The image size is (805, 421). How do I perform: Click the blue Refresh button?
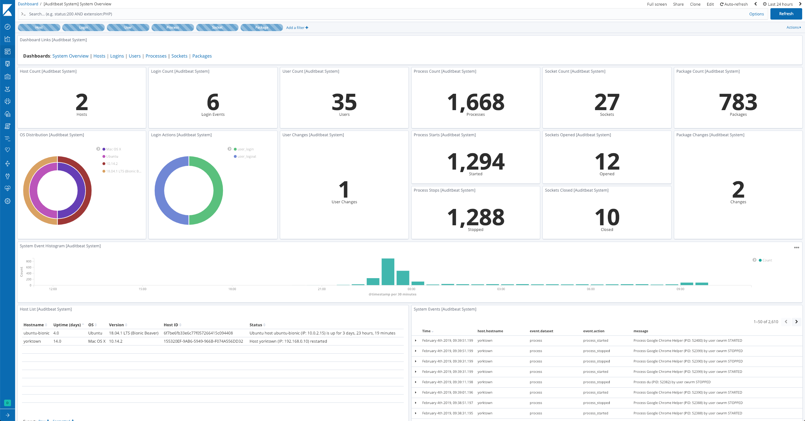click(786, 14)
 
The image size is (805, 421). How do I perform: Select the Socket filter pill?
click(217, 27)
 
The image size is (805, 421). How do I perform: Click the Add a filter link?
click(297, 28)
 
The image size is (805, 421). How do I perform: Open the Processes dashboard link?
click(156, 56)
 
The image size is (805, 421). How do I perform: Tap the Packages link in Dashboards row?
click(202, 56)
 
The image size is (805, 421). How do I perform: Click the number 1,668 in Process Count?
click(475, 102)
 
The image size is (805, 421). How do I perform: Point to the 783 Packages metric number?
click(738, 102)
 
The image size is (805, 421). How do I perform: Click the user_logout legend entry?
click(247, 156)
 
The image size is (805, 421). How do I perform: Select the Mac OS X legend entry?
click(114, 149)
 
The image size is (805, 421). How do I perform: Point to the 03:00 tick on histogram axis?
click(501, 289)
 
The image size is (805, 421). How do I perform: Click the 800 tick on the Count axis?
click(29, 261)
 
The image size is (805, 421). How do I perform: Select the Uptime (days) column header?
click(67, 325)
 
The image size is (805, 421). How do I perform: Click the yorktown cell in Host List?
click(32, 341)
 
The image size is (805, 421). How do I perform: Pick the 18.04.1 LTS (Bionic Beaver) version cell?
click(134, 333)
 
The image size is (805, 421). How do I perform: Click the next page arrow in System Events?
click(796, 322)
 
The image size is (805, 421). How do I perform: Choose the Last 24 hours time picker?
click(778, 4)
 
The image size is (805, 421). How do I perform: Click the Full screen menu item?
click(657, 4)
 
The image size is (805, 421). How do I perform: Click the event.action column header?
click(593, 331)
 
